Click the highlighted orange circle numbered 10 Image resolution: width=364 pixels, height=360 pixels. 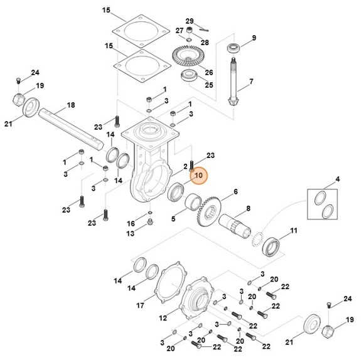198,176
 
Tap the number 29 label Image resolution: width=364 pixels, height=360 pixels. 190,21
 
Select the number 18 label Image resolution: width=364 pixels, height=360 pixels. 71,105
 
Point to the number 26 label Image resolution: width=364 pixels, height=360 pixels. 209,72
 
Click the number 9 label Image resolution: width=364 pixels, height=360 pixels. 254,38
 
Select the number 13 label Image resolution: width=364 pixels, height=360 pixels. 131,234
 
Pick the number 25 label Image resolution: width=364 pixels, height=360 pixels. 209,85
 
